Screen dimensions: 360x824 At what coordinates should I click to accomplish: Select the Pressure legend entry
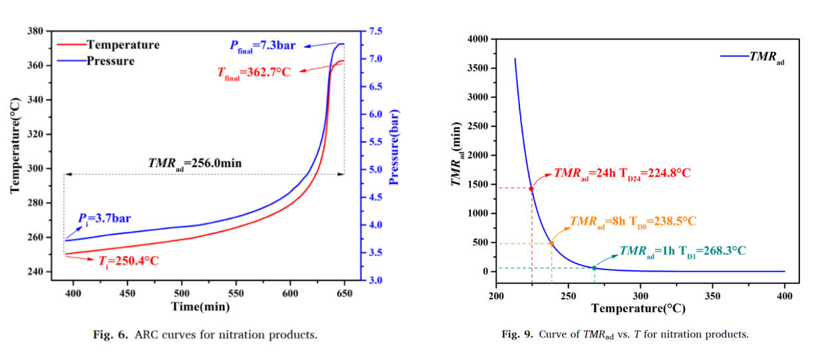pos(110,61)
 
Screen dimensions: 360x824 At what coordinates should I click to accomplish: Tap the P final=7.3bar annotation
pos(262,45)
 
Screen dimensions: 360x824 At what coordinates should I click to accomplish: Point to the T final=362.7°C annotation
pos(253,72)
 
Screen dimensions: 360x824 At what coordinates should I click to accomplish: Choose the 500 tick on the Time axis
pos(182,292)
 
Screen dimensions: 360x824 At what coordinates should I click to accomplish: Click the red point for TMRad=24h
pos(531,188)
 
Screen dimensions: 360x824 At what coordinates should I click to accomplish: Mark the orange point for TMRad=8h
pos(551,243)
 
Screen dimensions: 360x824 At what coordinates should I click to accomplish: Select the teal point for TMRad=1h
pos(594,268)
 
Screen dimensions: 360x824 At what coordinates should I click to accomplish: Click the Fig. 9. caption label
pos(516,334)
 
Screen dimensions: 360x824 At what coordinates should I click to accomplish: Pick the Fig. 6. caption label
pos(109,334)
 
